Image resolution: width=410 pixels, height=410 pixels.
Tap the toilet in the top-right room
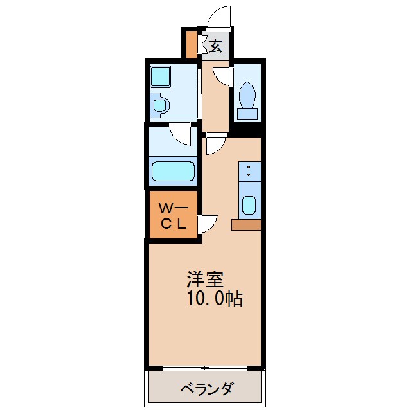click(x=247, y=96)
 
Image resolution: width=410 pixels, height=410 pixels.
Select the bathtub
click(x=172, y=172)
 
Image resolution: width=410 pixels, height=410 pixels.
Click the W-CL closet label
click(x=173, y=216)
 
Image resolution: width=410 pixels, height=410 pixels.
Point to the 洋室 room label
click(x=205, y=280)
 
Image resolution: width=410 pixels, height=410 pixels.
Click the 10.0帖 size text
click(x=215, y=299)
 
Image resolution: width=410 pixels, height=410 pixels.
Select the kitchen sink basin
click(x=249, y=206)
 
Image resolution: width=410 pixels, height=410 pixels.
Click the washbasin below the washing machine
click(x=159, y=104)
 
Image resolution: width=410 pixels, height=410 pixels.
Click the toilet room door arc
click(x=221, y=76)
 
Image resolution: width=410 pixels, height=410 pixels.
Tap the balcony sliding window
click(x=205, y=368)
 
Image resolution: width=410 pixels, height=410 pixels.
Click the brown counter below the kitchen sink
click(x=246, y=225)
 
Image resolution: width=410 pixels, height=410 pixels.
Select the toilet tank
click(x=247, y=114)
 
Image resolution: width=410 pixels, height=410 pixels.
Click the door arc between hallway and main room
click(x=213, y=145)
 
